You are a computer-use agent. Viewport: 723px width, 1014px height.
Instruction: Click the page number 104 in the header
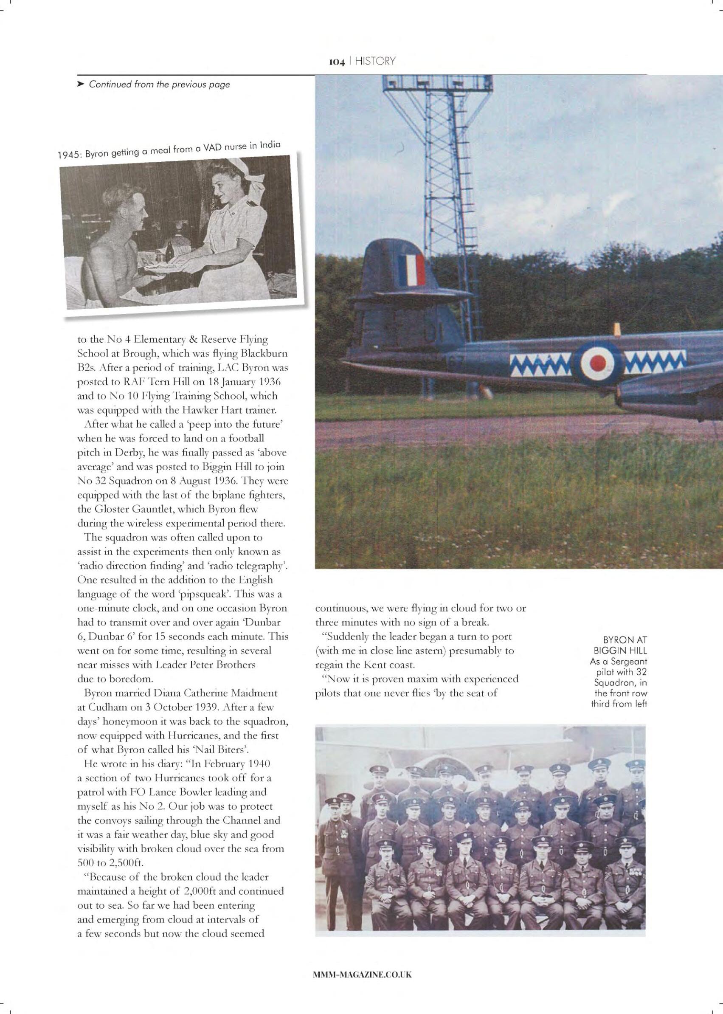click(x=337, y=62)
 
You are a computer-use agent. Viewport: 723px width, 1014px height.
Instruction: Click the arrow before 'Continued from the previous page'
click(x=81, y=84)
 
